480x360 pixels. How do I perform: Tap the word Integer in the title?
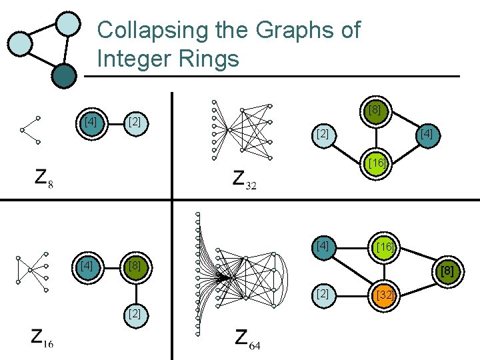136,59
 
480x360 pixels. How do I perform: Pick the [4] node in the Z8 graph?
90,122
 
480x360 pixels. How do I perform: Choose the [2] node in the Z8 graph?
135,122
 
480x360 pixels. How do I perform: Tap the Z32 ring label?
244,179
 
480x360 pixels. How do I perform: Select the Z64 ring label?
247,338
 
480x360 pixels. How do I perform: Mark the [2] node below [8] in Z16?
135,313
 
